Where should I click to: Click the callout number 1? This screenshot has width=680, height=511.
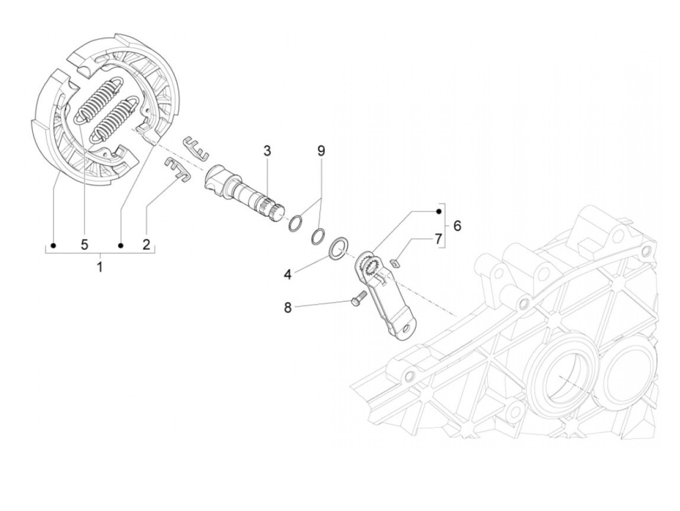click(100, 267)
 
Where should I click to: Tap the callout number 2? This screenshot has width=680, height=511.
click(146, 245)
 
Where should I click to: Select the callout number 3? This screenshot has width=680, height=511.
click(267, 151)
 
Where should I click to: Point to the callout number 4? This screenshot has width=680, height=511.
click(288, 274)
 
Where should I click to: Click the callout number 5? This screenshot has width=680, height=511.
click(85, 245)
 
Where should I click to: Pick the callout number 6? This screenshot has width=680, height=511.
click(457, 226)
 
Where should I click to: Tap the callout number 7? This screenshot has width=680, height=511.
click(438, 239)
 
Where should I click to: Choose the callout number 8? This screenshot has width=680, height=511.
click(288, 308)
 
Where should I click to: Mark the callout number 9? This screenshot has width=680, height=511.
click(321, 151)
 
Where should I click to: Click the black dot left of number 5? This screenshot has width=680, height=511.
click(54, 246)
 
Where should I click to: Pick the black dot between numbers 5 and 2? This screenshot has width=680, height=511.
click(121, 246)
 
